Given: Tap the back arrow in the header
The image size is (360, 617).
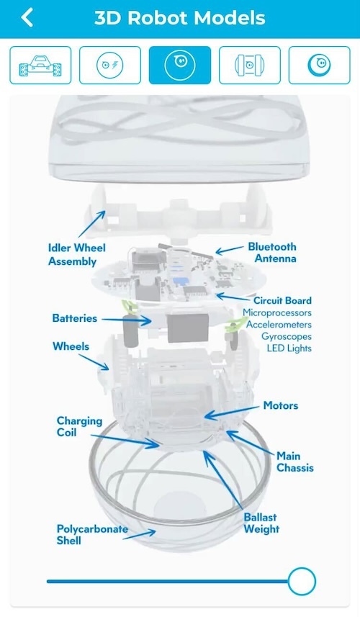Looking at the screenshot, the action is pos(27,18).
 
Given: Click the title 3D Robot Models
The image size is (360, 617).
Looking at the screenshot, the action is pos(180,18).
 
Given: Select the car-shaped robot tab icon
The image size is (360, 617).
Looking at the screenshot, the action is pos(40,66).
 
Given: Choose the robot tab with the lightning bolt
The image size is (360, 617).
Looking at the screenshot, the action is pos(110,66).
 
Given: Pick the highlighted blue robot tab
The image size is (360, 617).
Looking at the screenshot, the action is pos(180,66).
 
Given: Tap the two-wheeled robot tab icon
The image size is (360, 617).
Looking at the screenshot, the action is pos(249,66).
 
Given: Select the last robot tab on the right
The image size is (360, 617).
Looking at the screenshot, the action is pos(319,66).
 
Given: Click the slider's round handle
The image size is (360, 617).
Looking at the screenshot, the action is pos(302,581).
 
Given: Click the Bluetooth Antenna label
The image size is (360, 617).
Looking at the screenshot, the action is pos(272,253).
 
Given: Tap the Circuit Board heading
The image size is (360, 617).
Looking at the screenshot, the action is pos(282,301).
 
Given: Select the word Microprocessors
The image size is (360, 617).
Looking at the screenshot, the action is pos(277,313).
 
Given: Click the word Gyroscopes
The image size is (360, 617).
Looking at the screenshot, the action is pos(287,336).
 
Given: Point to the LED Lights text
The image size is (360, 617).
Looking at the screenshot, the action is pos(289,348).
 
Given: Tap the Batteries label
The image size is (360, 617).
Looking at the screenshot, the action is pos(75,318).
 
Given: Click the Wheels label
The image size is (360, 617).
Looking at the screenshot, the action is pos(71,346).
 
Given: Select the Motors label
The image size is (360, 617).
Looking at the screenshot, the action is pos(281,405).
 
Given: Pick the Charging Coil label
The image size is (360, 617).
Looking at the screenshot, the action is pos(79,426).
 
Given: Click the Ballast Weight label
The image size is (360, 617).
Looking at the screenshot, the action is pos(261,523).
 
